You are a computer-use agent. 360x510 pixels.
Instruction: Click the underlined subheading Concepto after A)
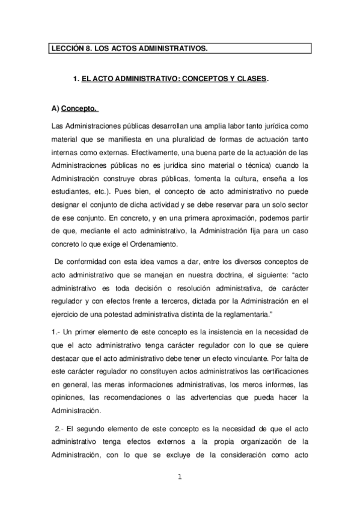click(79, 109)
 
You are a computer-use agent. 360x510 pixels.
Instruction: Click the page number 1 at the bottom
click(179, 478)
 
